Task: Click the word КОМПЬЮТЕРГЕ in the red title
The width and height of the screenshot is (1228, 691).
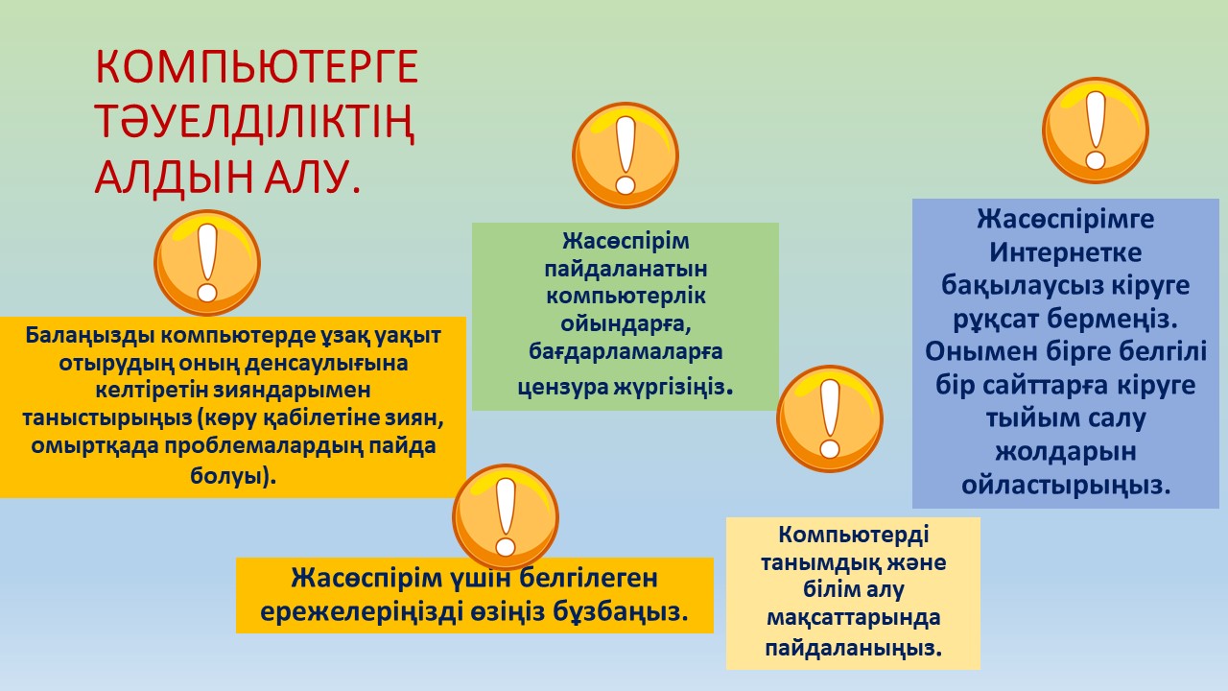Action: pos(257,67)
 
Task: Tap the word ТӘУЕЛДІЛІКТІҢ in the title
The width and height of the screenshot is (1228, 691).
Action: pos(255,123)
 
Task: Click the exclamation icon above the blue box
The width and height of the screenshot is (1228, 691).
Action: pos(1096,131)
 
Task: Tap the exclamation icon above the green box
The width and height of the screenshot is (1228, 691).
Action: pos(626,155)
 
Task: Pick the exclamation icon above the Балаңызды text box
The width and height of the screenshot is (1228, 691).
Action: pos(207,263)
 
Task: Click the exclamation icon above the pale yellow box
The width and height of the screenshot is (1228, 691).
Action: pos(830,418)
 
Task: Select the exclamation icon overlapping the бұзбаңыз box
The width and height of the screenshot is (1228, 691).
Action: pos(506,517)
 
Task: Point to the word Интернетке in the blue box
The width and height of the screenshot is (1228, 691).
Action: pos(1066,252)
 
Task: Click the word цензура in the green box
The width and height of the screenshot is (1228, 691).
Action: pos(562,388)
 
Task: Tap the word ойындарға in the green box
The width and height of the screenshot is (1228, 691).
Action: pos(626,324)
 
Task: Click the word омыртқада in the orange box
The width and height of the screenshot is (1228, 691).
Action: pos(94,445)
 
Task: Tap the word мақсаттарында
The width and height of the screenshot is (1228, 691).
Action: pos(854,618)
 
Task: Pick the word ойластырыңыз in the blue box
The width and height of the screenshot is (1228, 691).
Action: pos(1066,486)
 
